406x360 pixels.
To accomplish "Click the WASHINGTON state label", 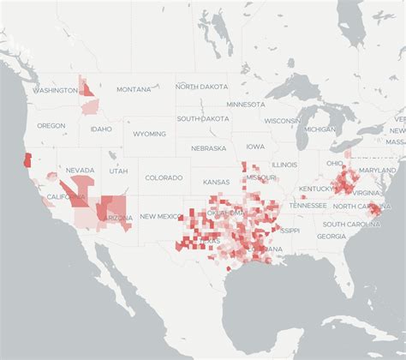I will [55, 90].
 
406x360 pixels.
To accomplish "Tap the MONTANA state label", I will [134, 89].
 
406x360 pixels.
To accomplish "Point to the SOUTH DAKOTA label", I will [203, 118].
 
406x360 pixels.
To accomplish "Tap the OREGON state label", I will [51, 125].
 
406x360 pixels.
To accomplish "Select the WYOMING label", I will [149, 134].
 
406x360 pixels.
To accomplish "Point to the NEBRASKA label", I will [208, 147].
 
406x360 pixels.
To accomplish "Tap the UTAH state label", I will [118, 171].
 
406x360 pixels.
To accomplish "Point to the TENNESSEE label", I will [307, 206].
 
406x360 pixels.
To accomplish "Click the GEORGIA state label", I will [331, 236].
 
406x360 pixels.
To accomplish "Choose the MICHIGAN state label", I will [320, 129].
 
